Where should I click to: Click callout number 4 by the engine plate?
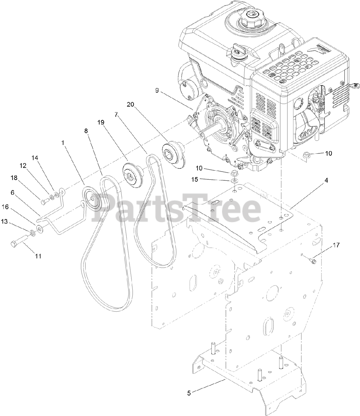[327, 180]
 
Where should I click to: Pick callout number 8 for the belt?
[86, 122]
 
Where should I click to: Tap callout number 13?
[13, 221]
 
